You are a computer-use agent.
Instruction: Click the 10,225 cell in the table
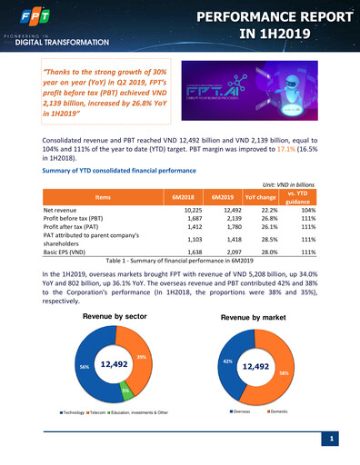pyautogui.click(x=187, y=210)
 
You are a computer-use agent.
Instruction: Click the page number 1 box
pyautogui.click(x=333, y=440)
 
